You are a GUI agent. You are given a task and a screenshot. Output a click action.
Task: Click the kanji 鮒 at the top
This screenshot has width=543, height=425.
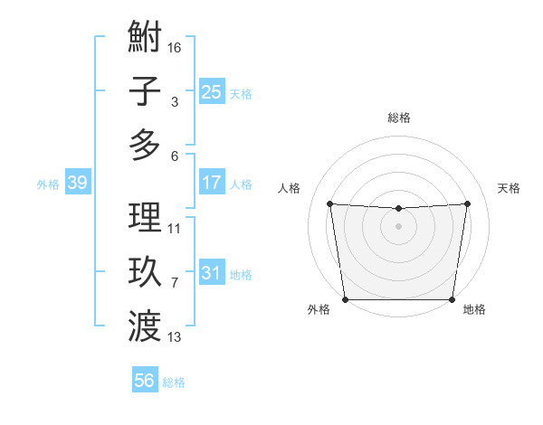[145, 38]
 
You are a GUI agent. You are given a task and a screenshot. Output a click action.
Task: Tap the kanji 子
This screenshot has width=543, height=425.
[145, 91]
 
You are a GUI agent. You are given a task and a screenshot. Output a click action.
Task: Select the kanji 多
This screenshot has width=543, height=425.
[145, 145]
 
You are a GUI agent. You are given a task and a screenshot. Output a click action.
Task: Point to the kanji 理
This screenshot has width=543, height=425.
[145, 218]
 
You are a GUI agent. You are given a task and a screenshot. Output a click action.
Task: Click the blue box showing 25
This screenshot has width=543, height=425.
[211, 91]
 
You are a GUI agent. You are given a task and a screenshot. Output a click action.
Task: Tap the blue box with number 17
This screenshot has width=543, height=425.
[211, 183]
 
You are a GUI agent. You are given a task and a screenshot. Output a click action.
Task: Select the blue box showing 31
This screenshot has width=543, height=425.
[211, 272]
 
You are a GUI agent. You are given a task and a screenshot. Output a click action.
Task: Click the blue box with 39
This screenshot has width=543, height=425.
[77, 183]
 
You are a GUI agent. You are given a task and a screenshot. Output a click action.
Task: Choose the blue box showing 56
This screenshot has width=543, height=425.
[144, 381]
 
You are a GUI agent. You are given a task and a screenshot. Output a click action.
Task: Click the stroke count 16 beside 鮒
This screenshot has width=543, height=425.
[175, 47]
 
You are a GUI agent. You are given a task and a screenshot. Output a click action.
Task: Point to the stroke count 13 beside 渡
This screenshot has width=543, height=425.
[175, 337]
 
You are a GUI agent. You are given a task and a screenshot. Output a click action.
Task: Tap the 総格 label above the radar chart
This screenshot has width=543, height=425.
[398, 118]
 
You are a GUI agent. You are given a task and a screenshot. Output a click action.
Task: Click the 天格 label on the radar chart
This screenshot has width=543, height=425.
[509, 188]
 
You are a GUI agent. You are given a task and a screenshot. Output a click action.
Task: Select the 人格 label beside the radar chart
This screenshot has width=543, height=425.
[289, 188]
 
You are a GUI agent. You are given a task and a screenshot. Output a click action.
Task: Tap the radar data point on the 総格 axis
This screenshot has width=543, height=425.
[398, 209]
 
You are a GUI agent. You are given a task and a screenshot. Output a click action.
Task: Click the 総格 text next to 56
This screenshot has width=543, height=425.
[174, 382]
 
